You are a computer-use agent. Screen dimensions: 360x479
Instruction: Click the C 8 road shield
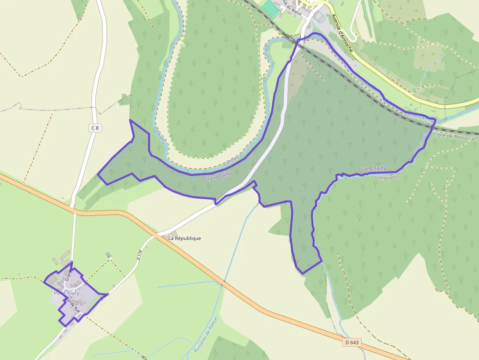95,128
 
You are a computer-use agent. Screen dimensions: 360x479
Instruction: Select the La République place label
184,238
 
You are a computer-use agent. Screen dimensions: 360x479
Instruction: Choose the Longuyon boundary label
386,177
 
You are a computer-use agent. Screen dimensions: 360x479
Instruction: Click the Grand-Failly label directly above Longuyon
372,169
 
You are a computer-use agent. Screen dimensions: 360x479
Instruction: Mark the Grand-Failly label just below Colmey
218,175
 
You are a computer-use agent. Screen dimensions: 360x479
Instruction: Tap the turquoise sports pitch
269,6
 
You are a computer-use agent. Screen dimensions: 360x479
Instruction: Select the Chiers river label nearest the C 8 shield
160,136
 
